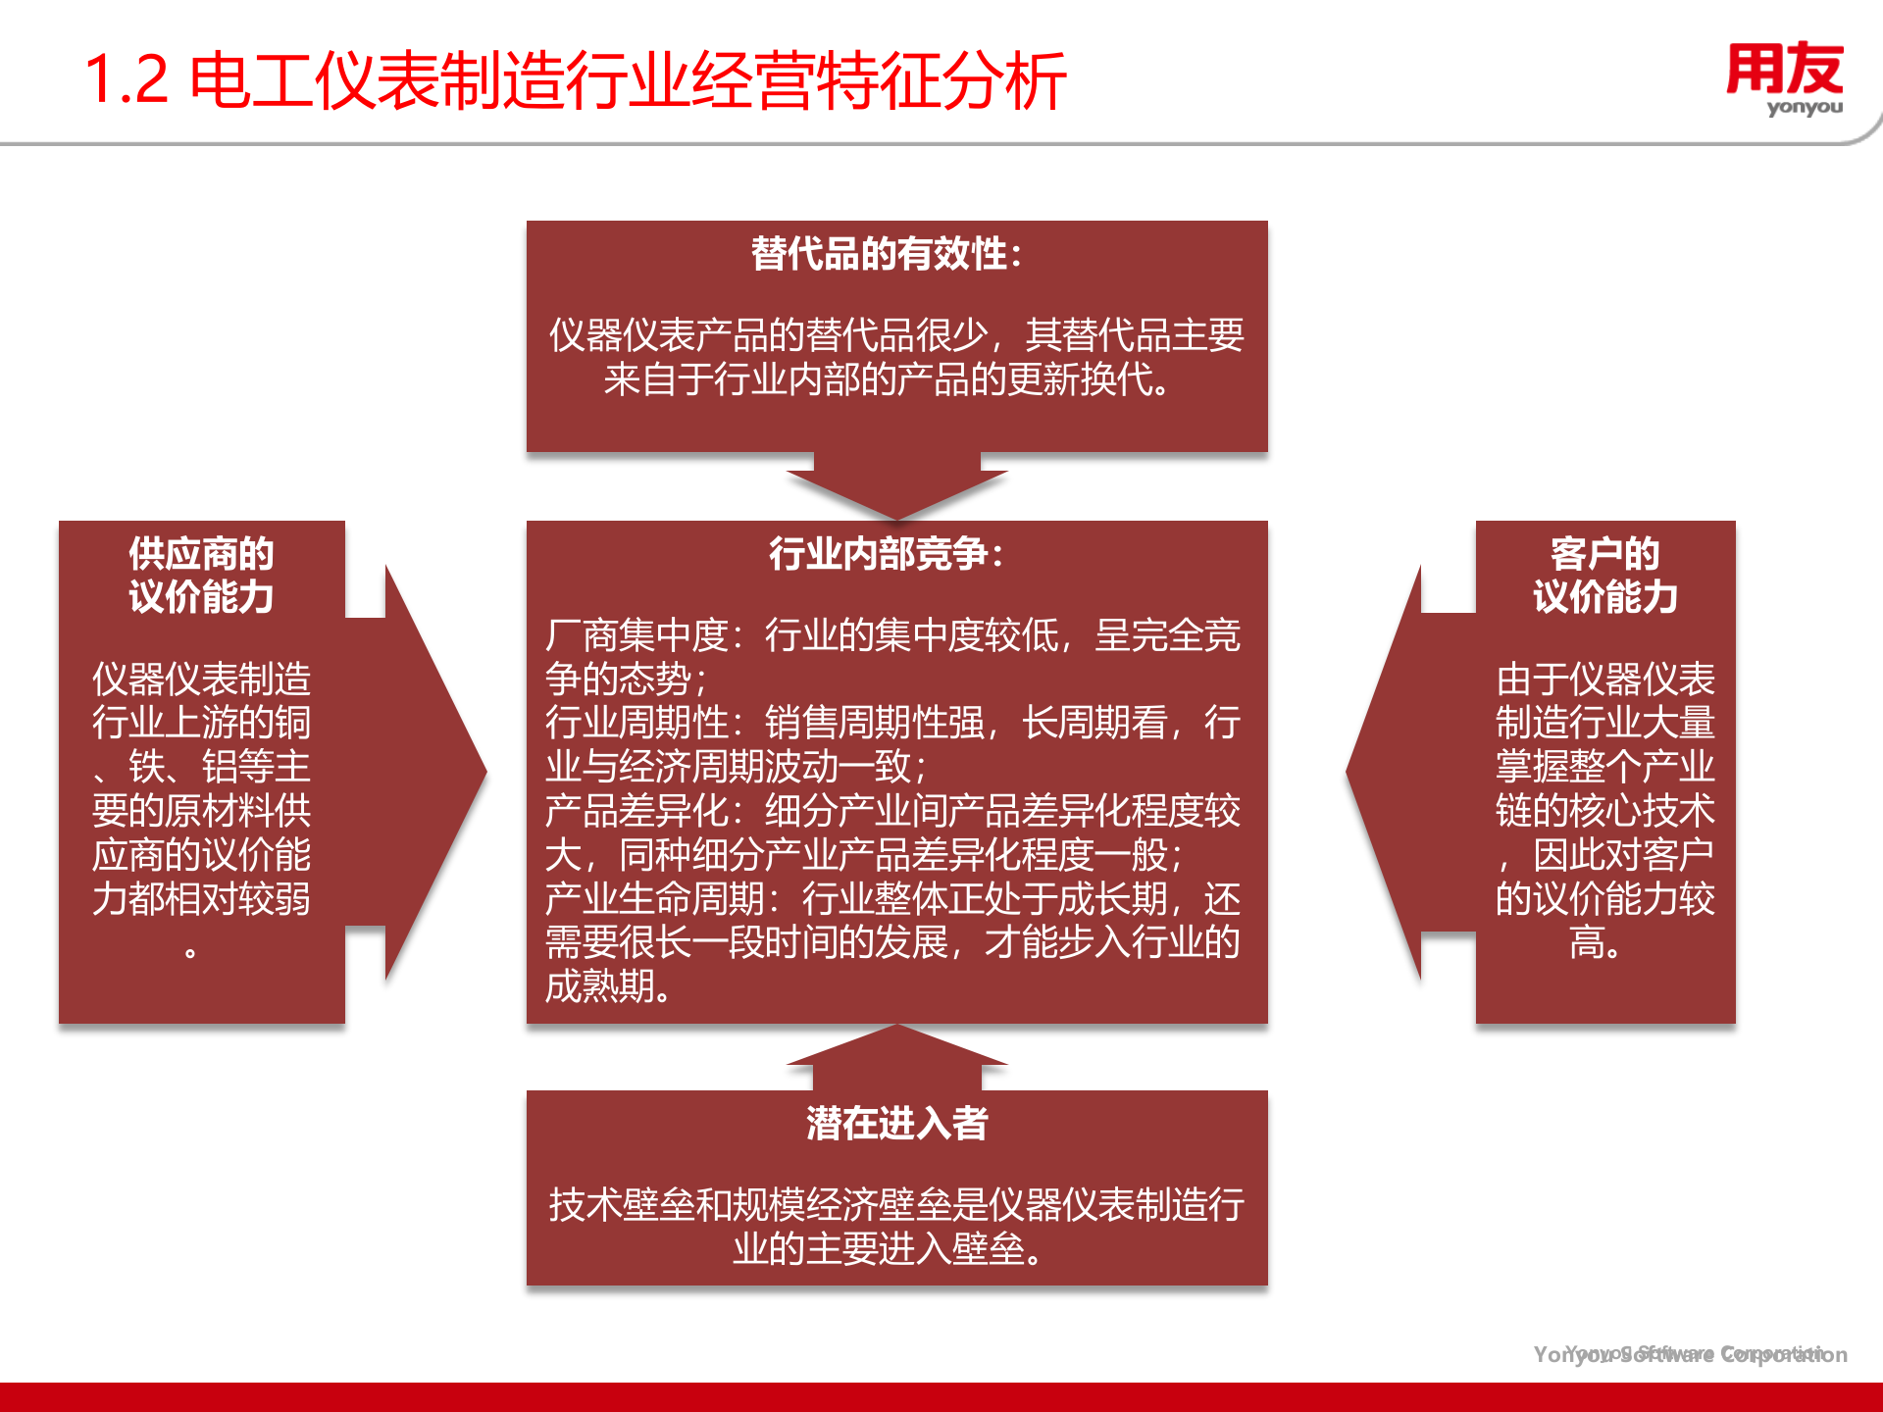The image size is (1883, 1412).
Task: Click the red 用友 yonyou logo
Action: tap(1784, 78)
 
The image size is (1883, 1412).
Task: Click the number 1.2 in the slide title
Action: tap(127, 80)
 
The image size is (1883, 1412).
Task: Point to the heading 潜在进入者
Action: tap(896, 1124)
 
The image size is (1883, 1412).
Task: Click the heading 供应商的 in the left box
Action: tap(201, 554)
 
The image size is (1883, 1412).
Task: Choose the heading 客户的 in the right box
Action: tap(1604, 554)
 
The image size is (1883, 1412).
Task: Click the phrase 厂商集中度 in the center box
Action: tap(636, 635)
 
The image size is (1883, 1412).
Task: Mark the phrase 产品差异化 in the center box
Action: tap(636, 811)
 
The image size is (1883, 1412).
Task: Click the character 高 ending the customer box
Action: tap(1587, 942)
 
